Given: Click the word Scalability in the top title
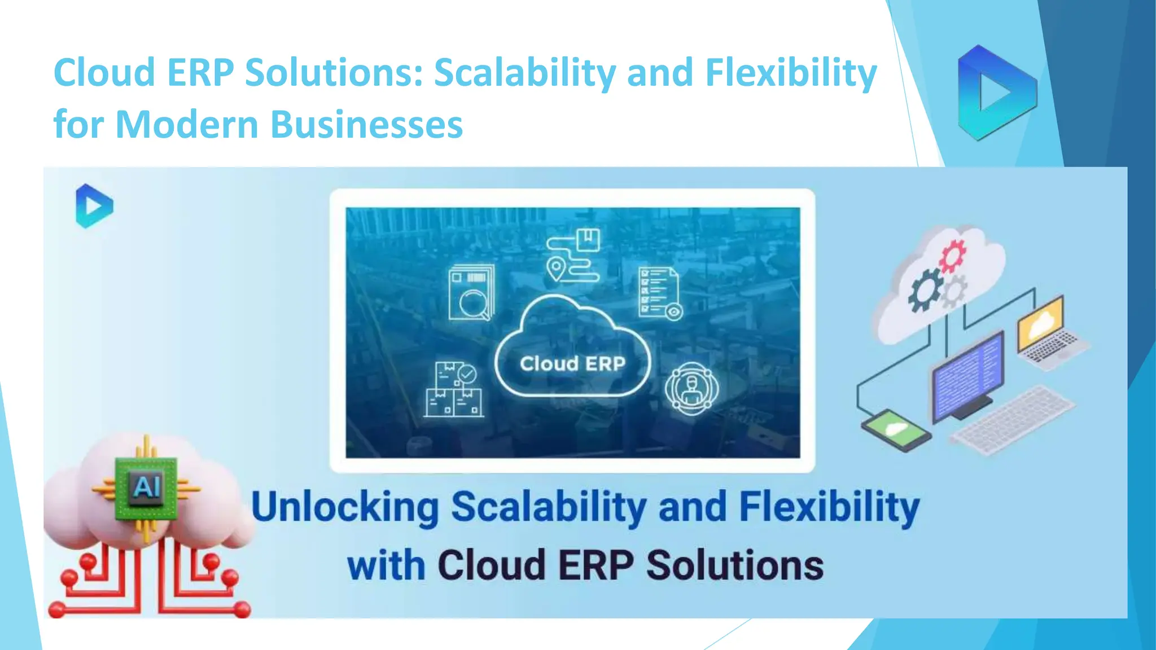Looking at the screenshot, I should (x=524, y=73).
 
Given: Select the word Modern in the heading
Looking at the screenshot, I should (x=187, y=125).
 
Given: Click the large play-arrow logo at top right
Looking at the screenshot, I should (x=996, y=93).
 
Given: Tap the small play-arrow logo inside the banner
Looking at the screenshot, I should (x=94, y=206).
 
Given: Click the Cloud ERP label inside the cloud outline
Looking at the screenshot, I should (x=572, y=364).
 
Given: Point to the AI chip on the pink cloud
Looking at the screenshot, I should (x=146, y=487).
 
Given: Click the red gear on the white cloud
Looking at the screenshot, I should (x=953, y=254).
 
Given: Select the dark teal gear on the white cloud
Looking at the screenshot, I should (x=924, y=289).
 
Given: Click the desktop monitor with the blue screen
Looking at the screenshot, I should (x=967, y=375).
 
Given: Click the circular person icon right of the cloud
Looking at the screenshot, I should (x=691, y=388).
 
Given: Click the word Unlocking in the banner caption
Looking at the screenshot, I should (x=345, y=507).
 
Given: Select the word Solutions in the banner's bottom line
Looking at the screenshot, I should (x=735, y=565).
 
